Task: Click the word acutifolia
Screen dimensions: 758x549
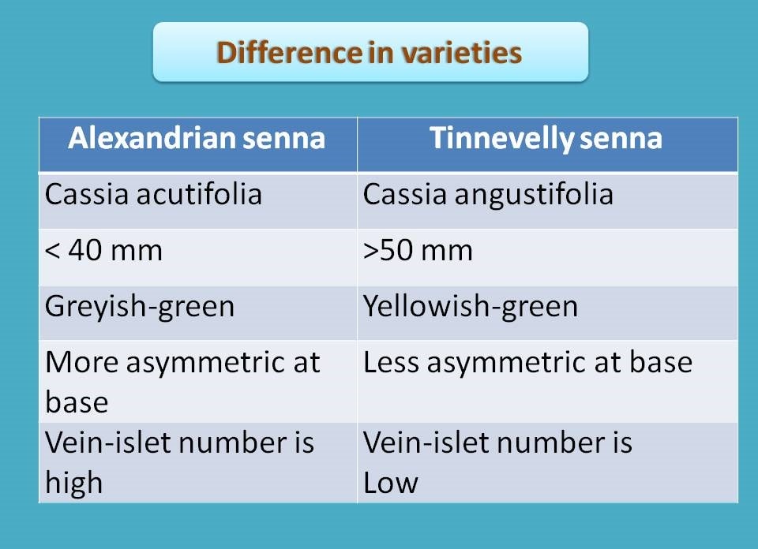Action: (x=199, y=194)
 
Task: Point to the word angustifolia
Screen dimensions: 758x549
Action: (x=534, y=195)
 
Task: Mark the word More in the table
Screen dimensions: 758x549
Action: (x=81, y=362)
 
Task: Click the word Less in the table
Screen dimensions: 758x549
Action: (x=391, y=362)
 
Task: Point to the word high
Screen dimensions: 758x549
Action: (x=74, y=483)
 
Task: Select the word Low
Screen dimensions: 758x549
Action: (x=391, y=483)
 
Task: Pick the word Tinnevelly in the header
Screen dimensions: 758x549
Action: (x=501, y=138)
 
